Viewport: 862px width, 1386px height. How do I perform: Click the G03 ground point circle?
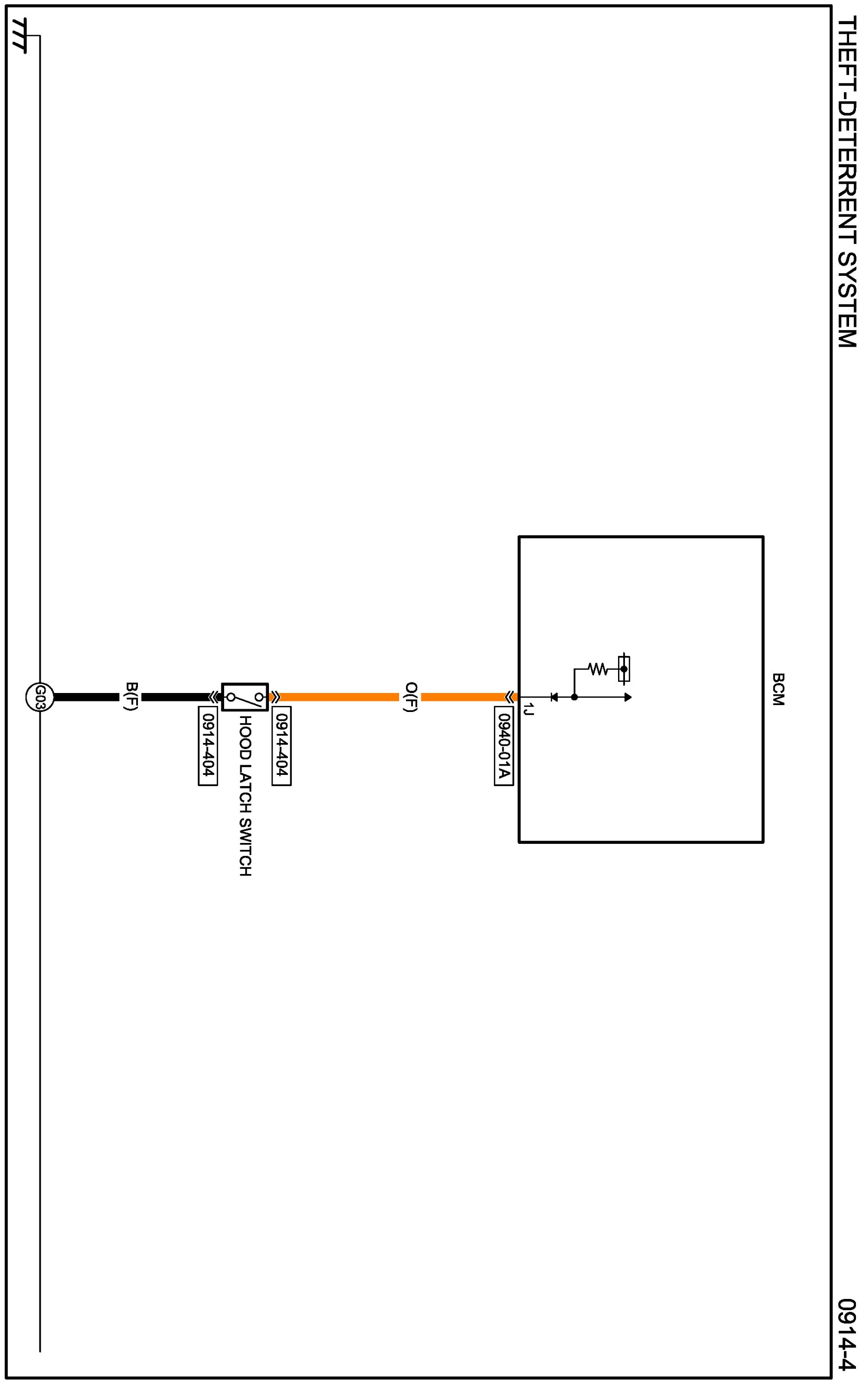coord(39,697)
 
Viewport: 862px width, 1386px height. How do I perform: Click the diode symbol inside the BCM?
coord(554,697)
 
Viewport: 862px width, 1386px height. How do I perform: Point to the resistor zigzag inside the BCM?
coord(598,668)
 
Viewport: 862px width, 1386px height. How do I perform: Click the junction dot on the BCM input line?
coord(574,697)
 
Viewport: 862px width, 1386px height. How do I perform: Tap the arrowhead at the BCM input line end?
coord(628,697)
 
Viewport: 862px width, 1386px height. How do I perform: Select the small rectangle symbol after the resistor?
coord(624,668)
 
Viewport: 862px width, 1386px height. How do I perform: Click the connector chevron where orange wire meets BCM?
coord(508,697)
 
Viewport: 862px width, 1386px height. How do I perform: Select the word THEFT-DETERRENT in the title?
coord(847,128)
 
